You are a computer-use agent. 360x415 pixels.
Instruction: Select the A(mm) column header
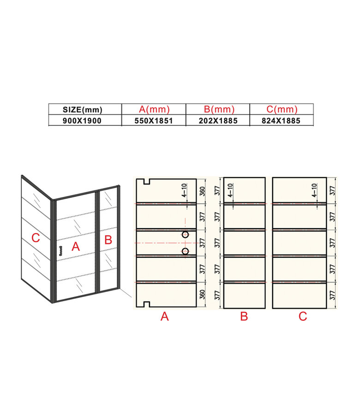154,109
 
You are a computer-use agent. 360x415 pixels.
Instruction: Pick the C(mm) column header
282,109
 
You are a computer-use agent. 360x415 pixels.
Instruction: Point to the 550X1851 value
154,120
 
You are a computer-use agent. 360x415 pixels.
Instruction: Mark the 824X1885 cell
282,120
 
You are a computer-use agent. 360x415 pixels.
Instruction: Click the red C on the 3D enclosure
35,238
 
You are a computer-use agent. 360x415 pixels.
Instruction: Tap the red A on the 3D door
76,247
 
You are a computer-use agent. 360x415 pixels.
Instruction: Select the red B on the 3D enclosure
108,240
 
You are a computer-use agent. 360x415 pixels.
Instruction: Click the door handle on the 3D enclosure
60,250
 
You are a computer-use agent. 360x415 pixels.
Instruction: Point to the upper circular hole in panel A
185,235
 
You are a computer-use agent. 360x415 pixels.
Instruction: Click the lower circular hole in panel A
185,251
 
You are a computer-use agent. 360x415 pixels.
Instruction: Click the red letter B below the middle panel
244,316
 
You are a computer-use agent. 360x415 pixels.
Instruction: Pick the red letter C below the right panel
303,316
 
